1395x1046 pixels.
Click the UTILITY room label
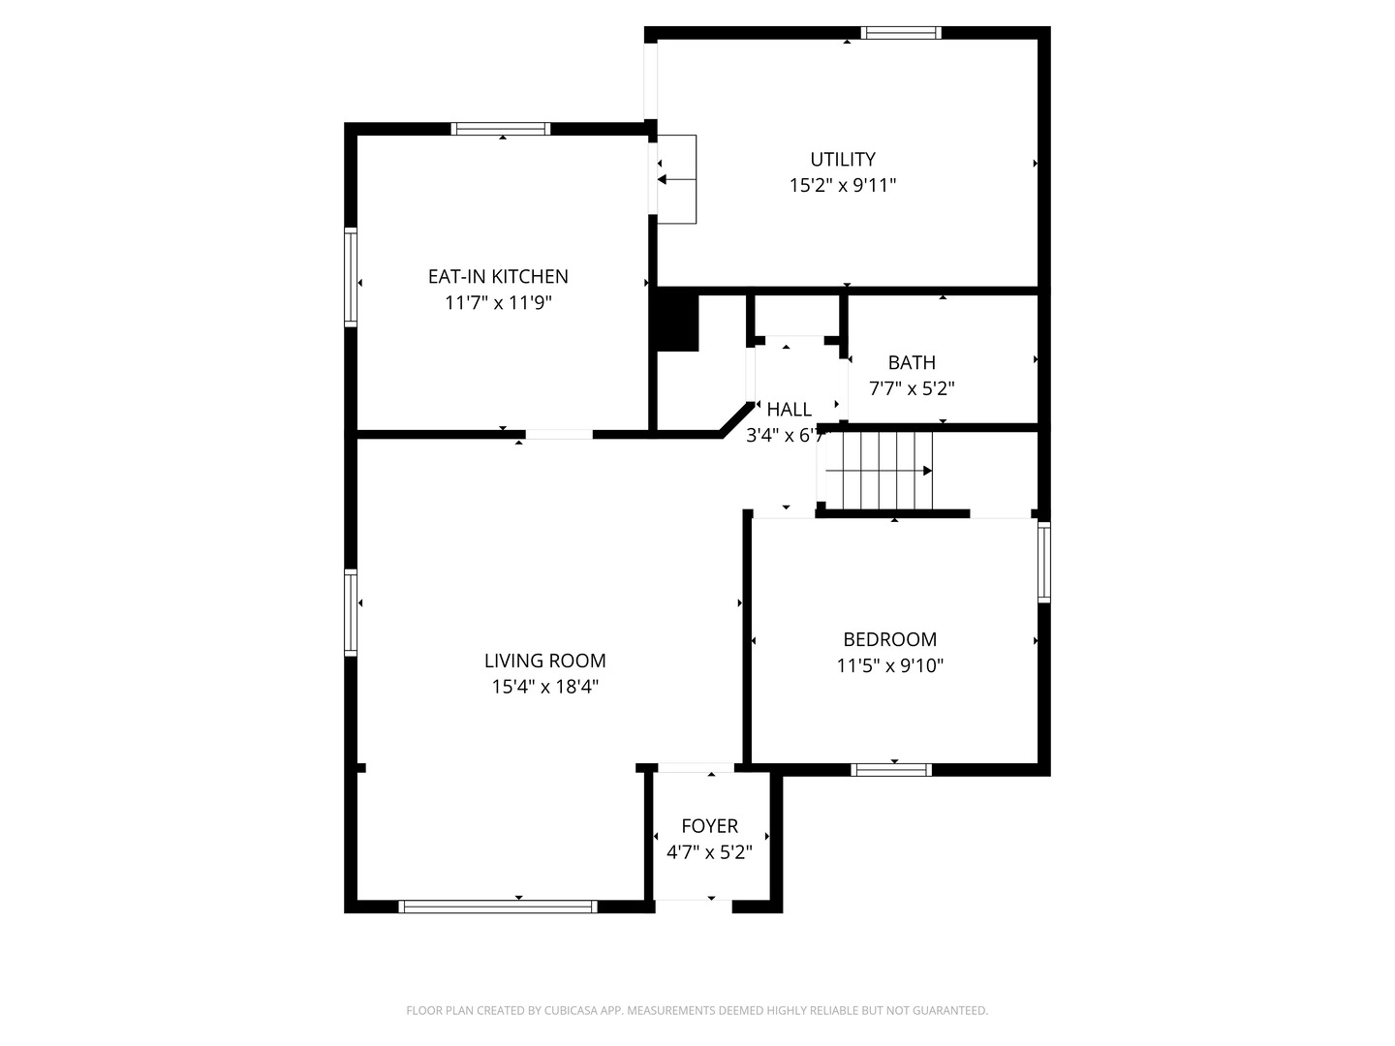pyautogui.click(x=842, y=159)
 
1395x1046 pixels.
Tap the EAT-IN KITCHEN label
pyautogui.click(x=498, y=276)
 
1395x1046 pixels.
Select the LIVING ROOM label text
pyautogui.click(x=544, y=661)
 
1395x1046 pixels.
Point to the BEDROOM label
pyautogui.click(x=889, y=639)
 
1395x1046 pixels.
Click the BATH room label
pyautogui.click(x=912, y=362)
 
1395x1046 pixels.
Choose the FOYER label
pyautogui.click(x=709, y=825)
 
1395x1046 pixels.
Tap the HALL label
pyautogui.click(x=789, y=409)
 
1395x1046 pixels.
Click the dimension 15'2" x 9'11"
pyautogui.click(x=842, y=185)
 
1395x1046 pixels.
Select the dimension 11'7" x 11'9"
pyautogui.click(x=498, y=302)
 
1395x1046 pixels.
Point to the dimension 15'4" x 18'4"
pyautogui.click(x=544, y=687)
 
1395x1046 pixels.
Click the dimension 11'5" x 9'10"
pyautogui.click(x=889, y=665)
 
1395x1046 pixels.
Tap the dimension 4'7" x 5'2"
pyautogui.click(x=709, y=851)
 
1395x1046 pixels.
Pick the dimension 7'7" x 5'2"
pyautogui.click(x=912, y=388)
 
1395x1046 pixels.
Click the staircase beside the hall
pyautogui.click(x=879, y=471)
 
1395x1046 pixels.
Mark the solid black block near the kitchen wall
pyautogui.click(x=677, y=323)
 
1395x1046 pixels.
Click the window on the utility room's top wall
pyautogui.click(x=901, y=33)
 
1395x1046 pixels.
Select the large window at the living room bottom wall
pyautogui.click(x=498, y=907)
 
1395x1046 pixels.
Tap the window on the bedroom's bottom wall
pyautogui.click(x=891, y=770)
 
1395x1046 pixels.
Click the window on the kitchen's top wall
pyautogui.click(x=501, y=129)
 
